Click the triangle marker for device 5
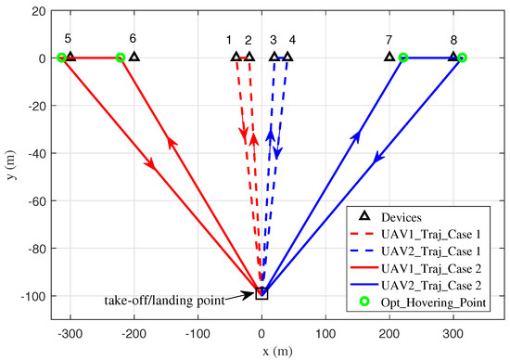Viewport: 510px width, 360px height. pyautogui.click(x=70, y=57)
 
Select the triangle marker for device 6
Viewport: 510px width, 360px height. pyautogui.click(x=134, y=57)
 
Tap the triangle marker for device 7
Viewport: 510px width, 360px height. pyautogui.click(x=389, y=57)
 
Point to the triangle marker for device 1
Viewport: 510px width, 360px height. pyautogui.click(x=236, y=57)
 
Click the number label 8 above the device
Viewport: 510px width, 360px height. pyautogui.click(x=453, y=40)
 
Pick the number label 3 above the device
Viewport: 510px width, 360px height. pyautogui.click(x=273, y=40)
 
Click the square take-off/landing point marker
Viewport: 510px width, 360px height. pyautogui.click(x=261, y=293)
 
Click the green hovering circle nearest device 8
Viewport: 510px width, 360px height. pyautogui.click(x=462, y=58)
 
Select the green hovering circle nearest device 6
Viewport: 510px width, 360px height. pyautogui.click(x=120, y=58)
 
